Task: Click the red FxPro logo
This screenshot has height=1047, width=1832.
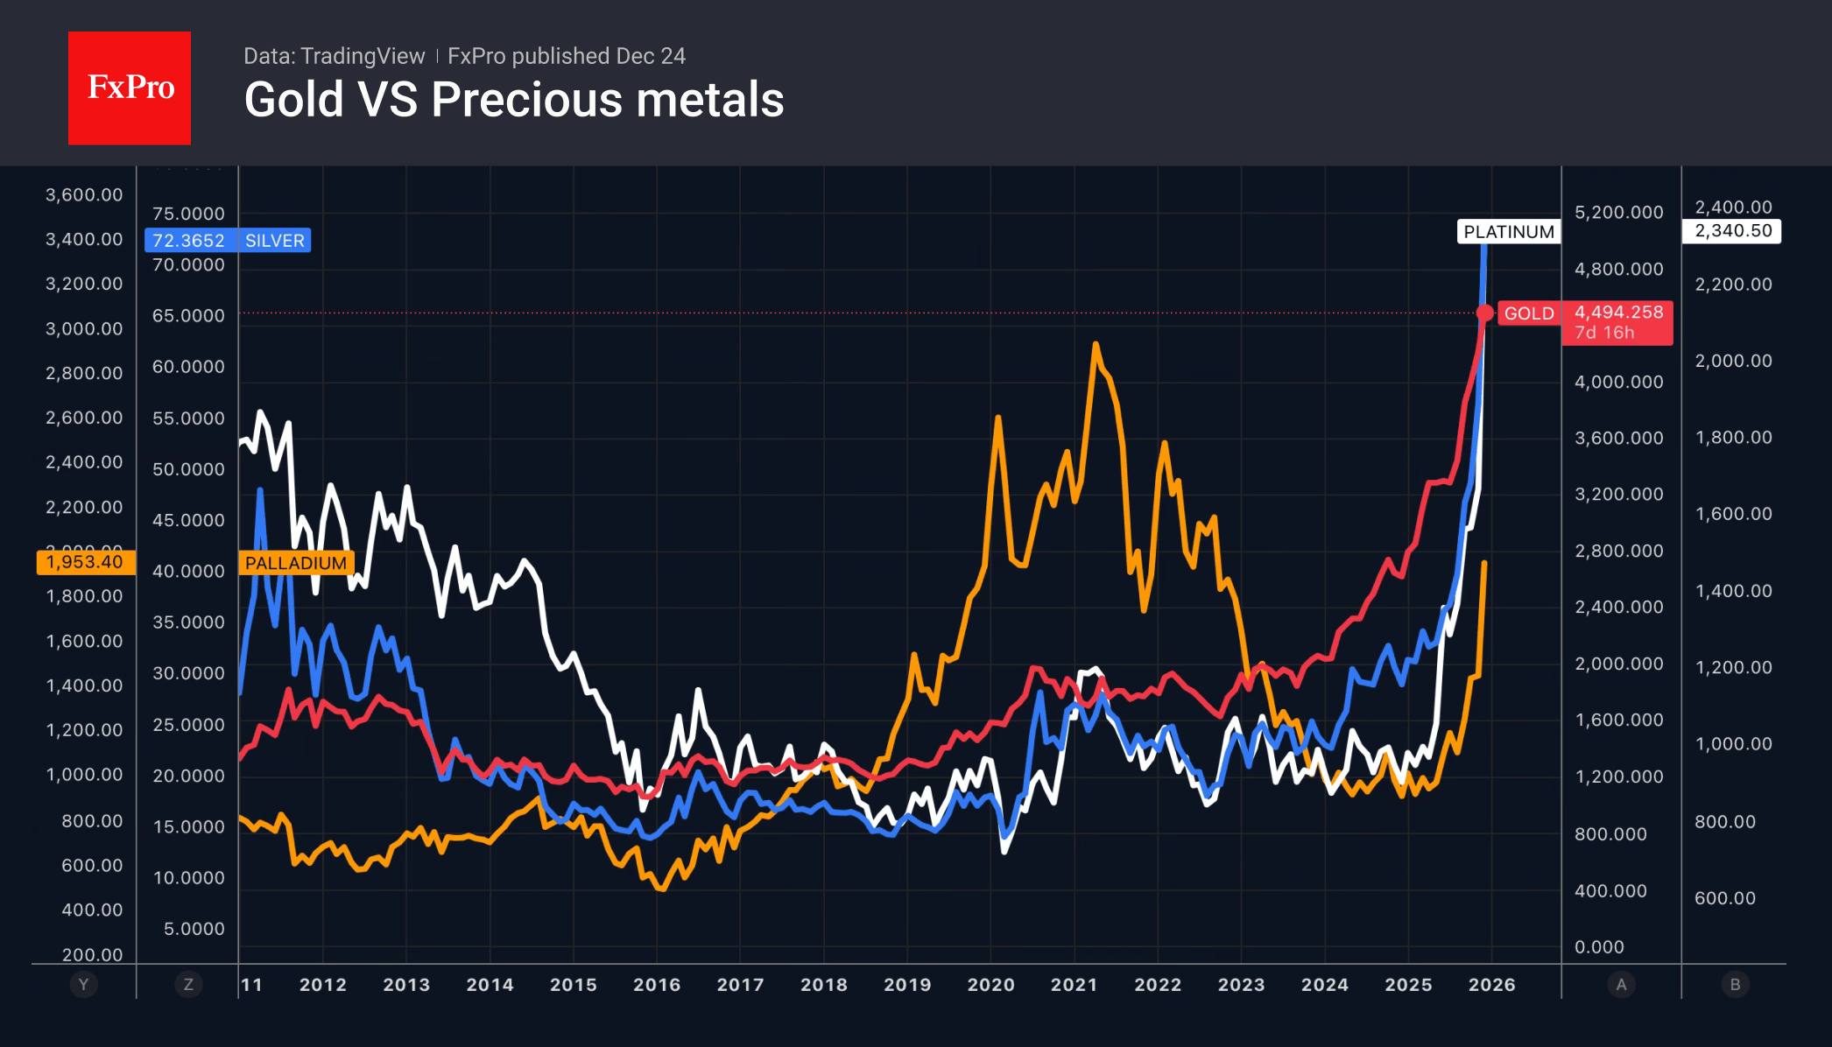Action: pos(130,88)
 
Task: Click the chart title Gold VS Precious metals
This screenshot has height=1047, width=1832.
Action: pos(514,99)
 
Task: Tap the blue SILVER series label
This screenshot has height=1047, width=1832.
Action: pos(274,241)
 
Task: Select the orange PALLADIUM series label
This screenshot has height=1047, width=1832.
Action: pos(296,563)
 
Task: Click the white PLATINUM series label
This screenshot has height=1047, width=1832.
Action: pos(1509,232)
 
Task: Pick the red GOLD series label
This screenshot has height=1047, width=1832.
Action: pos(1528,313)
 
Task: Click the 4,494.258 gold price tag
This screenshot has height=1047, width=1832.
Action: pos(1618,313)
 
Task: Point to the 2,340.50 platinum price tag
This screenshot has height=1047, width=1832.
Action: pos(1732,231)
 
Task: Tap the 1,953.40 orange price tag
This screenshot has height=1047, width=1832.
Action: pos(85,562)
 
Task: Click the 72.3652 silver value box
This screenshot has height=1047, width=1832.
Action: pos(188,241)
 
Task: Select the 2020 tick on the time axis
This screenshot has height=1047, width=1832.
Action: pos(990,985)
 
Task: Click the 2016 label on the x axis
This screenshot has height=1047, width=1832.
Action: pos(657,985)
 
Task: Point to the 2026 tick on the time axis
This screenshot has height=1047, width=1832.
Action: pos(1491,985)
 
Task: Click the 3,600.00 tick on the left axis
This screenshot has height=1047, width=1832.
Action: pos(84,194)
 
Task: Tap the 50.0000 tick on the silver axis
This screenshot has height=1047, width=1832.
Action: pos(188,469)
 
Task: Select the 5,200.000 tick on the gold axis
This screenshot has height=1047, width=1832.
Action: pos(1618,212)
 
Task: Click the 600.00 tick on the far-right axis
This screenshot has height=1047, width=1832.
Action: pos(1724,898)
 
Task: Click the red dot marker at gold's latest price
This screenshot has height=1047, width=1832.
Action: pos(1484,313)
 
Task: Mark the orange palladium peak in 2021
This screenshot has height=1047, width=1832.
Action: pos(1096,345)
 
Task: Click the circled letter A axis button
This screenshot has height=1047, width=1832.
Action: pos(1621,985)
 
